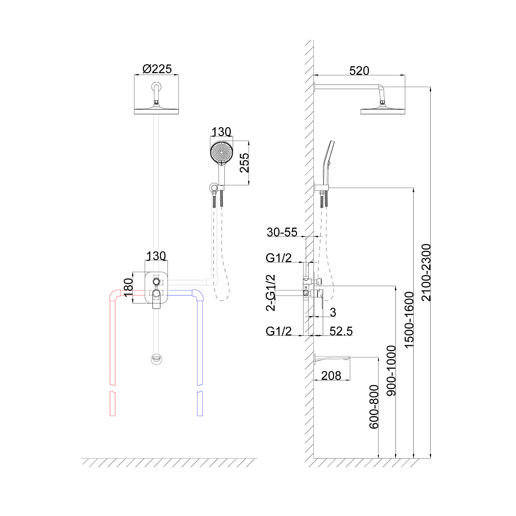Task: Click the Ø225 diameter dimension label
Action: pyautogui.click(x=157, y=69)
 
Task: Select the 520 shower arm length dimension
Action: pyautogui.click(x=359, y=71)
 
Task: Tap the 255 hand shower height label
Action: pyautogui.click(x=244, y=163)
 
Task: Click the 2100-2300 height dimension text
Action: pyautogui.click(x=426, y=272)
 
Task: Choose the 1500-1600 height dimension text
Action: pyautogui.click(x=409, y=320)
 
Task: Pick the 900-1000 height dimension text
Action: pyautogui.click(x=391, y=371)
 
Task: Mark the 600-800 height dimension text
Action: pyautogui.click(x=374, y=407)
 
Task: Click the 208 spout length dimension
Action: pyautogui.click(x=331, y=375)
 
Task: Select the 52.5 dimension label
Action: pyautogui.click(x=341, y=331)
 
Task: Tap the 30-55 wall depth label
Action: pyautogui.click(x=282, y=232)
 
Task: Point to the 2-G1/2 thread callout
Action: pyautogui.click(x=271, y=293)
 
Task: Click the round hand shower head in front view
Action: pyautogui.click(x=221, y=152)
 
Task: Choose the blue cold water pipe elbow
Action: pyautogui.click(x=198, y=295)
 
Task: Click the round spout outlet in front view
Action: pyautogui.click(x=156, y=359)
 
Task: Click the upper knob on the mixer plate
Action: pyautogui.click(x=156, y=281)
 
